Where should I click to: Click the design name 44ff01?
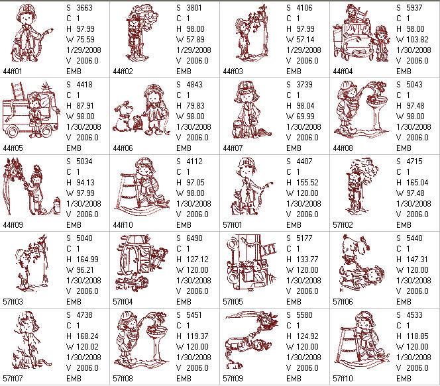click(x=13, y=72)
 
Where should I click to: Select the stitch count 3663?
click(x=84, y=8)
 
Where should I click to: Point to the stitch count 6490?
click(x=194, y=238)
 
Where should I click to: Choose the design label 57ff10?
click(x=343, y=379)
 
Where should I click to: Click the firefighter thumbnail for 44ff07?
click(x=250, y=110)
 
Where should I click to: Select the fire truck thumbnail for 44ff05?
click(x=31, y=110)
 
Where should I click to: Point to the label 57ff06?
click(x=343, y=302)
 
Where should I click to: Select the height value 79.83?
click(x=194, y=106)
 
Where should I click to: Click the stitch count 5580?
click(x=304, y=315)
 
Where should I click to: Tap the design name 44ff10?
click(x=123, y=225)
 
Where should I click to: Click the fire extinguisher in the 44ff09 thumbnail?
click(x=57, y=206)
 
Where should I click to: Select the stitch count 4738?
click(x=84, y=315)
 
